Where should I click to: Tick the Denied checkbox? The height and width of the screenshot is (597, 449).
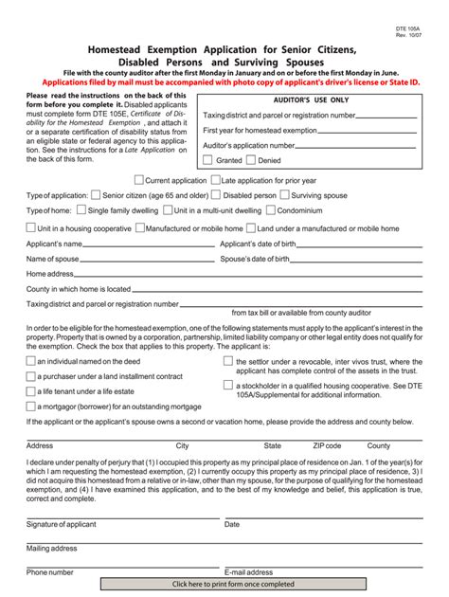(x=251, y=160)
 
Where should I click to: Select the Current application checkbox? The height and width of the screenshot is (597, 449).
(x=138, y=179)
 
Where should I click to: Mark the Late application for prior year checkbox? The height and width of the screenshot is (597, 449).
(x=214, y=179)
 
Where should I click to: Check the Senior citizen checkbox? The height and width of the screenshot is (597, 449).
(x=95, y=194)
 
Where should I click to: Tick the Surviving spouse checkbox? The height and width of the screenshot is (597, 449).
(x=285, y=194)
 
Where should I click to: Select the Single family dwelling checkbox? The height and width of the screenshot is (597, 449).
(x=81, y=209)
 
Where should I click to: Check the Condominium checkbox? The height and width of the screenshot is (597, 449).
(x=271, y=209)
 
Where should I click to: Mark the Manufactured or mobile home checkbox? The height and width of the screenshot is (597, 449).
(x=139, y=227)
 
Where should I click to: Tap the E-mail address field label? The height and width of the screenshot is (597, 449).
(x=248, y=572)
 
